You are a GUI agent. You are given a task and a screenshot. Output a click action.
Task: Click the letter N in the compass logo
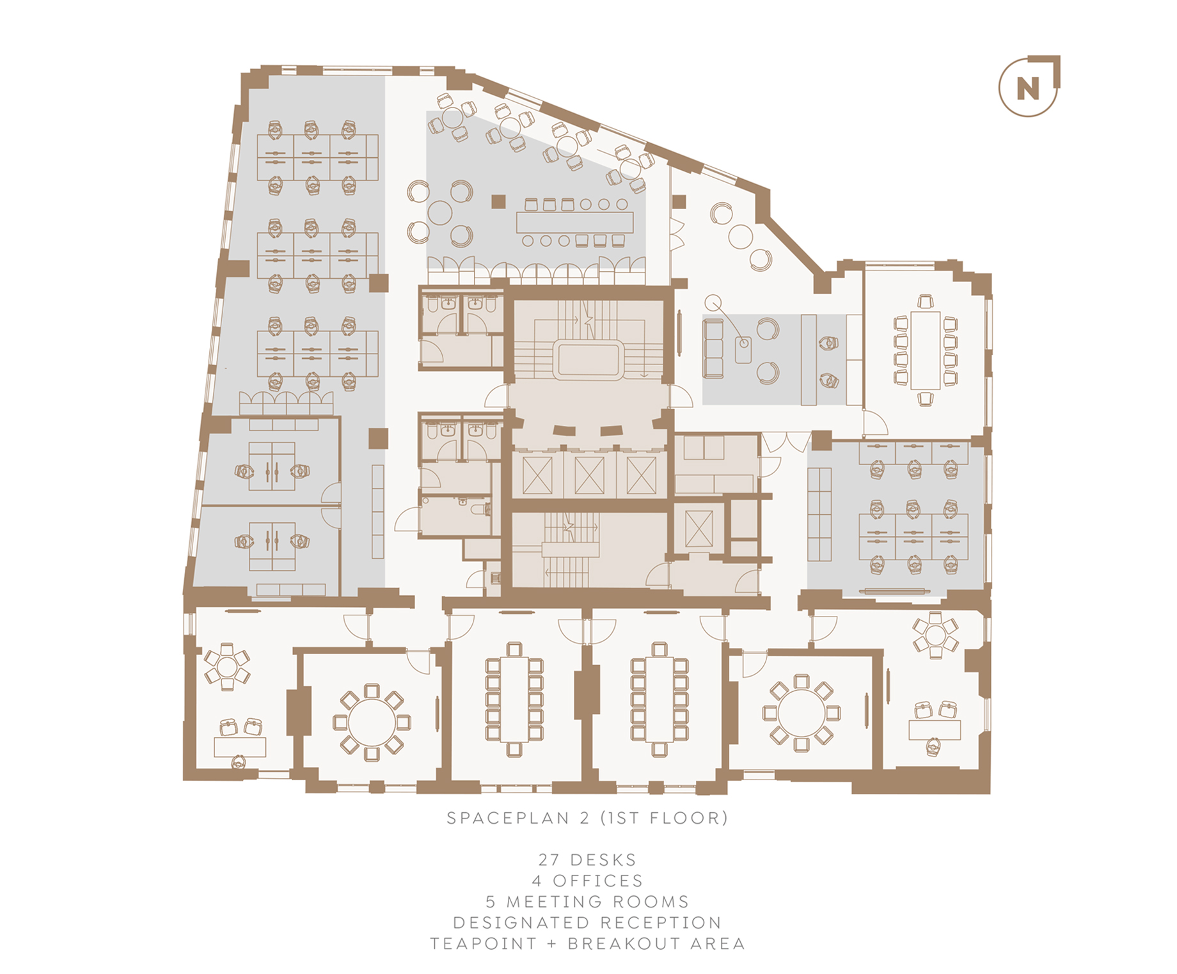click(x=1028, y=88)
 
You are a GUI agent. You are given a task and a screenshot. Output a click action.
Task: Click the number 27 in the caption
click(x=549, y=860)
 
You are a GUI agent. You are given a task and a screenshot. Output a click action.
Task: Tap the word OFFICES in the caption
click(x=597, y=881)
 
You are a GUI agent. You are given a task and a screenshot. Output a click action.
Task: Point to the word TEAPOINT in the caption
click(x=484, y=944)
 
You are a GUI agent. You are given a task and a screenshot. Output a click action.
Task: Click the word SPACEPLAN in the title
click(x=508, y=818)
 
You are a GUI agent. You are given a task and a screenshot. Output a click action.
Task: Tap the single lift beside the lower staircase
click(x=699, y=529)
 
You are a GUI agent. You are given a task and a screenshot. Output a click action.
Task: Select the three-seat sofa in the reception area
click(x=713, y=348)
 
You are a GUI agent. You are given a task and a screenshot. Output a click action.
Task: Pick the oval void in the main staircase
click(x=588, y=360)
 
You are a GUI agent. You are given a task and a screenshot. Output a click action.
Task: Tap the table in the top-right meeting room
click(x=925, y=350)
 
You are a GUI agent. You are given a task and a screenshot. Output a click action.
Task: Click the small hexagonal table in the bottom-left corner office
click(x=226, y=666)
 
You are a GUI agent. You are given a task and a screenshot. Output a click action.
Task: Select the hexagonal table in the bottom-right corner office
click(x=935, y=635)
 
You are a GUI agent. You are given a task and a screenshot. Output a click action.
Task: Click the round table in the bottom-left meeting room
click(x=372, y=722)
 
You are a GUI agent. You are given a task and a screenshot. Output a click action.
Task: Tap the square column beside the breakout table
click(x=498, y=201)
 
